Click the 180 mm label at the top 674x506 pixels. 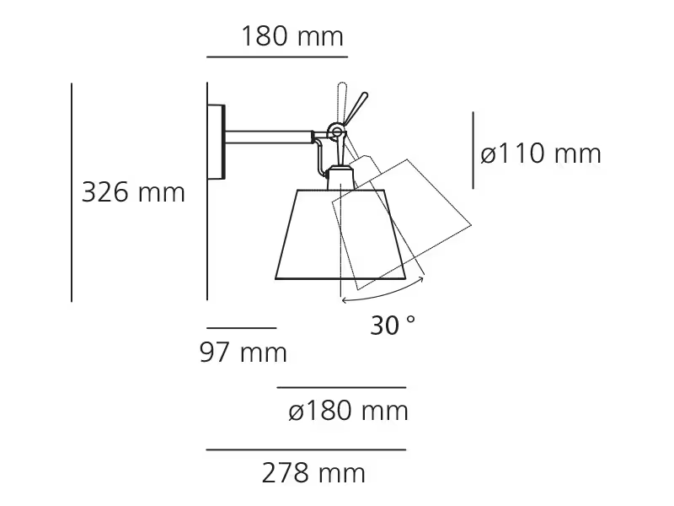[x=292, y=37]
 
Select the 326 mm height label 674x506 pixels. [x=133, y=192]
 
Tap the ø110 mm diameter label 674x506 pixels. [x=541, y=153]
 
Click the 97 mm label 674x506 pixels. [x=243, y=352]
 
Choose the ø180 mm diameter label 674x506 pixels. [x=348, y=412]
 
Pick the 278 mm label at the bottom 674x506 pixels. [x=313, y=474]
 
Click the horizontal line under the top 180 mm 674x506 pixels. [x=277, y=57]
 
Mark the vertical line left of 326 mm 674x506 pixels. [x=72, y=192]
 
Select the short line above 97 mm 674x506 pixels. [x=242, y=327]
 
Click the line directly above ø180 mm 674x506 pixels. [x=342, y=388]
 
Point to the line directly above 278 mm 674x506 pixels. [x=306, y=449]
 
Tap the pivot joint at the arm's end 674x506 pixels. [x=335, y=130]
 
